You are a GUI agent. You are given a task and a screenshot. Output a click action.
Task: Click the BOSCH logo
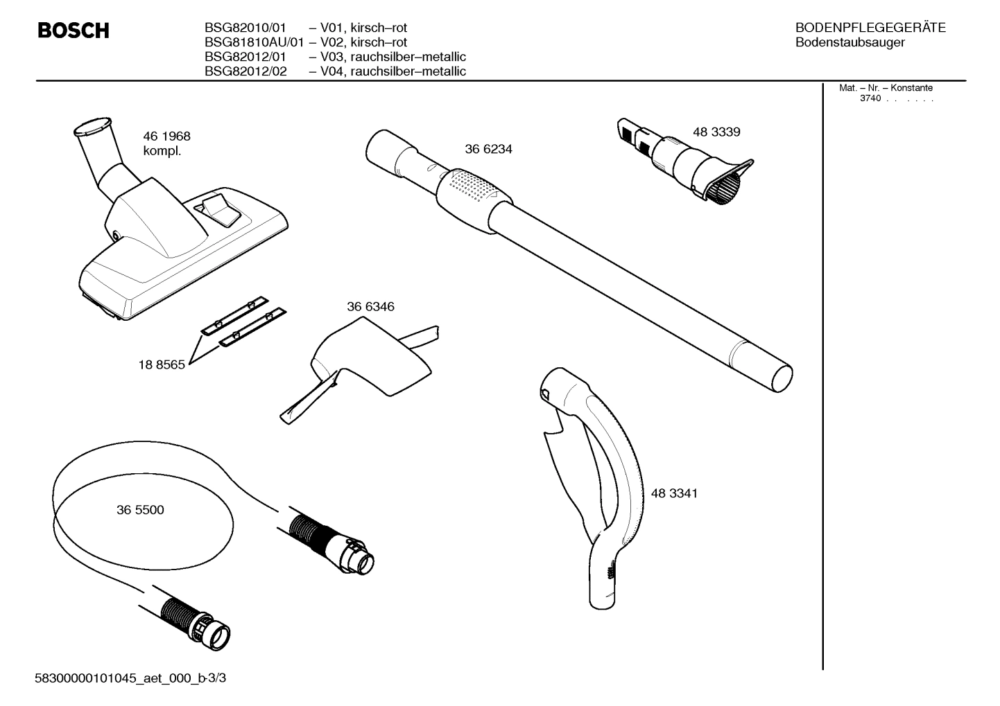pos(73,30)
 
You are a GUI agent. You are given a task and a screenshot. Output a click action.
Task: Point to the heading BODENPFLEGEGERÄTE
pos(870,28)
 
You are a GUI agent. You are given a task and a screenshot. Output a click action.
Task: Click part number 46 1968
pos(166,136)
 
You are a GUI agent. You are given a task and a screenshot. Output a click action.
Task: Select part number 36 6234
pos(488,149)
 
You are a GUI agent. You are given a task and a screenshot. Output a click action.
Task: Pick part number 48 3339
pos(716,132)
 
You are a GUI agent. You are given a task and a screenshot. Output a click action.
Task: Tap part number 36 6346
pos(370,306)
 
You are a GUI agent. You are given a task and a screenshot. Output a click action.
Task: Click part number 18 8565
pos(162,364)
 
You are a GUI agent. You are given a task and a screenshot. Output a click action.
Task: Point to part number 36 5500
pos(140,510)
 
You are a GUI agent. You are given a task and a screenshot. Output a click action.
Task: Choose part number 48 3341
pos(674,493)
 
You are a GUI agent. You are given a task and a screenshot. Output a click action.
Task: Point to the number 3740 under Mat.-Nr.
pos(870,98)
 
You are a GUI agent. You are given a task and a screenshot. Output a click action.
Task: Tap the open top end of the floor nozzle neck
pos(90,126)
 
